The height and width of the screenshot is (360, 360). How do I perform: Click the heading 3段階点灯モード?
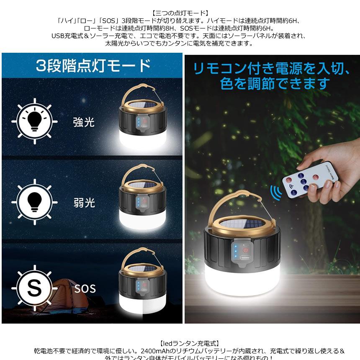coord(93,65)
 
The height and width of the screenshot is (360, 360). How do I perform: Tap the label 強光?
coord(84,123)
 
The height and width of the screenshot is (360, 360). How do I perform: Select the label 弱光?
coord(84,203)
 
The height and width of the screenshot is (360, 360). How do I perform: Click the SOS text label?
coord(85,288)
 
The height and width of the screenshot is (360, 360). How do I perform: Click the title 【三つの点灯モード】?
coord(180,14)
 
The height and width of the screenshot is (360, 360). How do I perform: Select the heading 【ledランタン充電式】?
coord(180,343)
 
